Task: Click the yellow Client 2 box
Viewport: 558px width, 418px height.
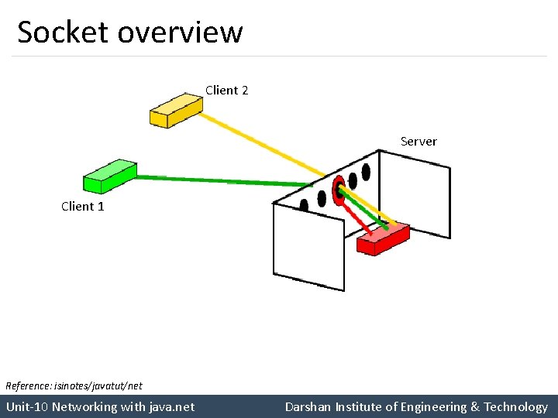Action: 175,110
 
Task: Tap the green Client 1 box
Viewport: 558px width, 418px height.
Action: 109,176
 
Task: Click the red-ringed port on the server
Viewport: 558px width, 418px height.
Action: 338,188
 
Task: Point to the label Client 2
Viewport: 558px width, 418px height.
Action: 226,91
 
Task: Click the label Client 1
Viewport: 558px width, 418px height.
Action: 82,206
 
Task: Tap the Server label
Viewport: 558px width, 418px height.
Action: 418,142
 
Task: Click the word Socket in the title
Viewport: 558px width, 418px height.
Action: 63,33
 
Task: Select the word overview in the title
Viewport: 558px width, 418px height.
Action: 181,33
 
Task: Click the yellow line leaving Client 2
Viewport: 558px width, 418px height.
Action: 263,142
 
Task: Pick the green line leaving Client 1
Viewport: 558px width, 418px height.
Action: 225,180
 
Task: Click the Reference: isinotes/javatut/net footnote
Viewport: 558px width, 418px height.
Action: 74,385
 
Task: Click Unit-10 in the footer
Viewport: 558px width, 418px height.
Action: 27,406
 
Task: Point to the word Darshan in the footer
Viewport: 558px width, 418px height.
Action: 308,406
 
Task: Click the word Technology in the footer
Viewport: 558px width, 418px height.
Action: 515,406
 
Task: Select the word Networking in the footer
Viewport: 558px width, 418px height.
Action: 84,406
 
